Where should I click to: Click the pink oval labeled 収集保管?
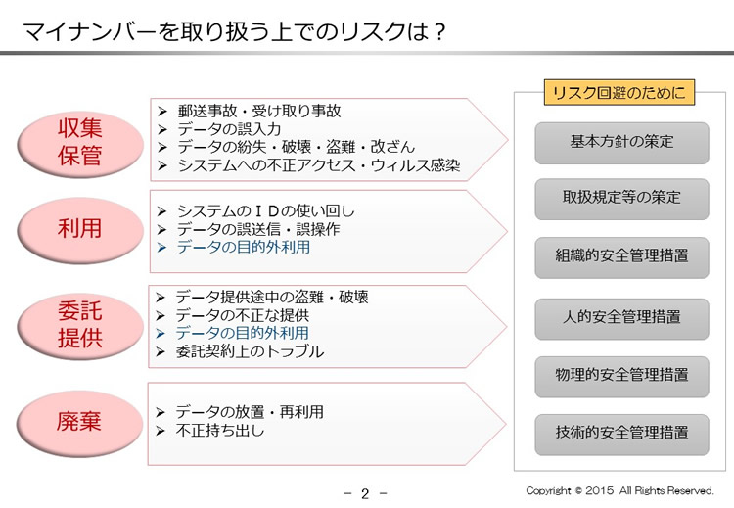(x=80, y=143)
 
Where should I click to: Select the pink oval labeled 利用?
(x=80, y=229)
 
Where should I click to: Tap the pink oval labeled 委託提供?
(x=80, y=325)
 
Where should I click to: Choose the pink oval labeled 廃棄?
(x=79, y=422)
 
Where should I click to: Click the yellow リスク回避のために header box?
(x=619, y=92)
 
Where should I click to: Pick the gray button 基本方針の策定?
(x=621, y=143)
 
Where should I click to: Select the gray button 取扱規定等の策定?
(x=621, y=199)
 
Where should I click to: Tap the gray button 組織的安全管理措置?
(x=621, y=257)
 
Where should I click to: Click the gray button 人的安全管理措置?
(x=621, y=318)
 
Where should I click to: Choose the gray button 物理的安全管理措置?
(x=621, y=377)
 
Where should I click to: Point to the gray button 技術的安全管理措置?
(x=621, y=434)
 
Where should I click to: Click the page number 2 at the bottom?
(x=365, y=493)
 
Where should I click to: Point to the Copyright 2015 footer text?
(x=619, y=490)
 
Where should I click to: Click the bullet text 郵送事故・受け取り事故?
(x=259, y=111)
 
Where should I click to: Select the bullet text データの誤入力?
(x=229, y=129)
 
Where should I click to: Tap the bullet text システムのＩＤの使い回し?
(x=266, y=210)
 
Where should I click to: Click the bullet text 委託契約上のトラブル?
(x=250, y=351)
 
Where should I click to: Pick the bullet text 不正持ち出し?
(x=220, y=430)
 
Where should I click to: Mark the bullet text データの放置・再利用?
(x=250, y=412)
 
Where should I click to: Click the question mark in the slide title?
(x=438, y=32)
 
